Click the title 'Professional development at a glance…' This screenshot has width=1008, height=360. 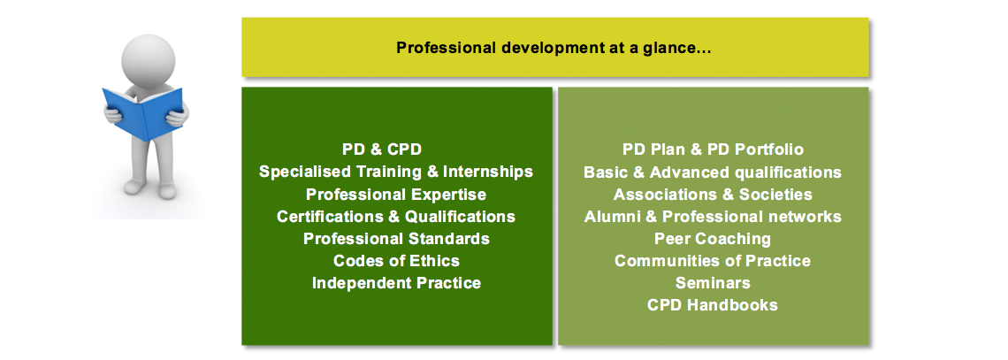[554, 49]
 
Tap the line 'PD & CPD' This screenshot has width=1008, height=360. [382, 149]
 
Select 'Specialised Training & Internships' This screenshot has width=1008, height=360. [396, 172]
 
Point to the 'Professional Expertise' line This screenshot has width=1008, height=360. [396, 194]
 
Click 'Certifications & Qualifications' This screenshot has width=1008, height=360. [396, 217]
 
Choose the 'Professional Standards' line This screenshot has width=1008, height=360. [396, 239]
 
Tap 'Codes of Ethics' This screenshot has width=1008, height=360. [396, 261]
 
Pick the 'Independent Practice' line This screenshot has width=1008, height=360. [396, 283]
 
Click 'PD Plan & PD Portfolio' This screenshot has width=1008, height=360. [713, 149]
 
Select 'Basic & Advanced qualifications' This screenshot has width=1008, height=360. [713, 172]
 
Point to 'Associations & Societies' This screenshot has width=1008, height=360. [713, 194]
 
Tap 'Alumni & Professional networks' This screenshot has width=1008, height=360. [713, 217]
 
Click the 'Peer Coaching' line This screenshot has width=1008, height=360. [713, 239]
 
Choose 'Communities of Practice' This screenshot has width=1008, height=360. [713, 261]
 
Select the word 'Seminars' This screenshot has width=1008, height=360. [713, 283]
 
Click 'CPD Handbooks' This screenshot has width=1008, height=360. [713, 304]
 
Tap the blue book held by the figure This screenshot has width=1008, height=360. [142, 113]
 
